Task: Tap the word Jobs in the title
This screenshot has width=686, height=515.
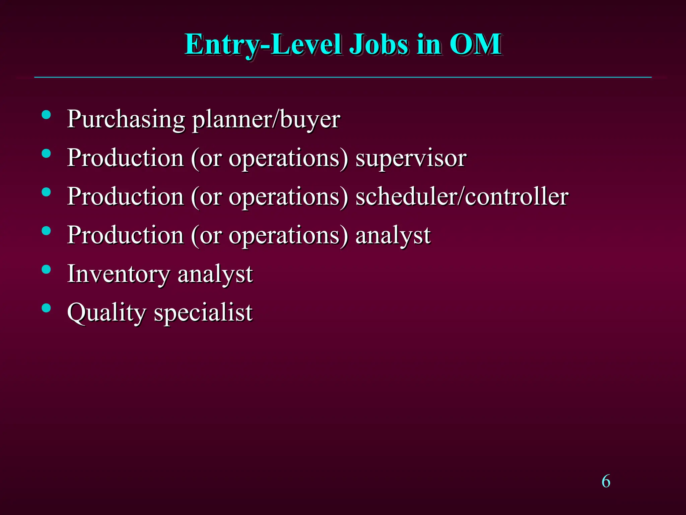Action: (x=379, y=45)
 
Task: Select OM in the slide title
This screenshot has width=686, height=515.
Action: (x=475, y=45)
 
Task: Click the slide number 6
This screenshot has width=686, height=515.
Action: (x=606, y=481)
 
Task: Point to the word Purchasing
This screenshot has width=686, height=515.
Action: (x=126, y=119)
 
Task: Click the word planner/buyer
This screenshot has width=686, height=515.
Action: (x=266, y=119)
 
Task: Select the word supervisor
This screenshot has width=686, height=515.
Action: (x=411, y=158)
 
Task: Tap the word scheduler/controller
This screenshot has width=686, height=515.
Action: (x=462, y=196)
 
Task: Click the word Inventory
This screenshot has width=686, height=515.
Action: (x=119, y=274)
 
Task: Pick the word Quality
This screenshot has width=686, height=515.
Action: (x=107, y=313)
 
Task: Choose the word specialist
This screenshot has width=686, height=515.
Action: (x=203, y=313)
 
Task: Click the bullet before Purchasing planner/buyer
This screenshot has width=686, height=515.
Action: (x=46, y=115)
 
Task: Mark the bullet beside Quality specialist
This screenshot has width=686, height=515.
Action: (x=46, y=308)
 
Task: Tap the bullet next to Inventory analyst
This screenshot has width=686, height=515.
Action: (x=46, y=270)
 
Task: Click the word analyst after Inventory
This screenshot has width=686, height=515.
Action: (x=215, y=274)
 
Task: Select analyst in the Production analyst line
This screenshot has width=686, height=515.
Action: (x=393, y=235)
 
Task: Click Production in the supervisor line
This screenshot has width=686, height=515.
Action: (x=125, y=158)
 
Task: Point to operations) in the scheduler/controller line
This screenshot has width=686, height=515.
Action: (x=288, y=196)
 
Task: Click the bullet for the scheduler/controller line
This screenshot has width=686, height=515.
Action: (x=46, y=192)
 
